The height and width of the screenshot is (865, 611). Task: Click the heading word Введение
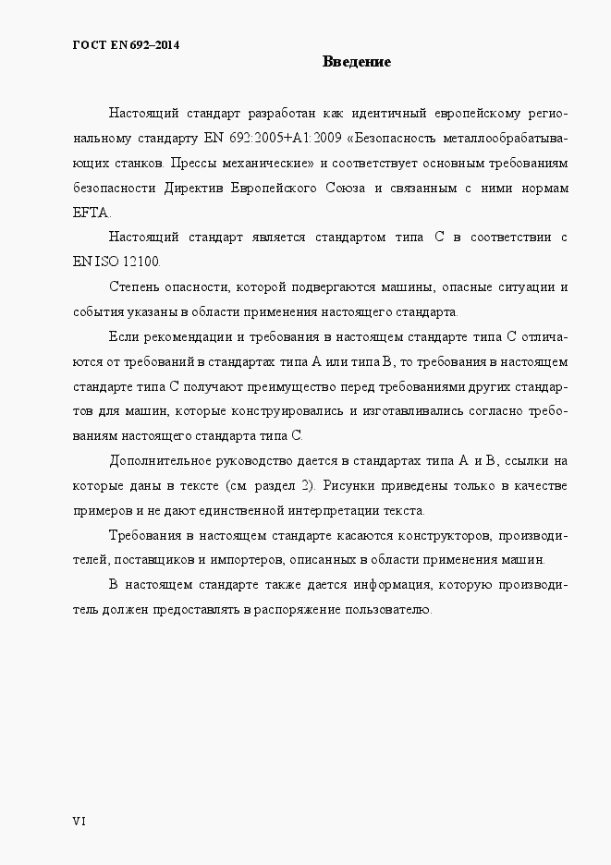357,62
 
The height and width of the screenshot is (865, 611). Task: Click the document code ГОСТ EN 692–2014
125,43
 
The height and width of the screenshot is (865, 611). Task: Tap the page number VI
79,820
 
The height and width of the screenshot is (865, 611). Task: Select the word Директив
198,189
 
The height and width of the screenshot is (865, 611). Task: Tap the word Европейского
287,189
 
